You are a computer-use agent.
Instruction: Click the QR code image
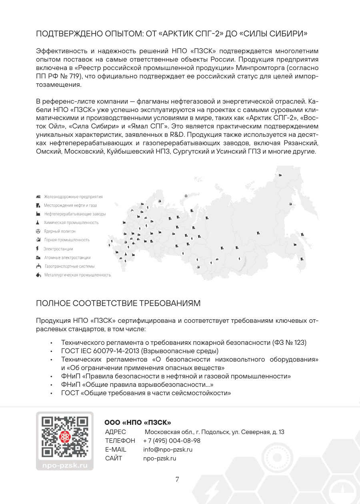coord(64,438)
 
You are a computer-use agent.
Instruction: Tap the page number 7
coord(177,480)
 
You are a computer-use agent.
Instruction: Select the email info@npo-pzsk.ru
coord(168,450)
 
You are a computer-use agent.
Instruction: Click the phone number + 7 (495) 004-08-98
coord(172,441)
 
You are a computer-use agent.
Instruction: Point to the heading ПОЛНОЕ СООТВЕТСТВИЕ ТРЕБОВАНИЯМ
coord(118,303)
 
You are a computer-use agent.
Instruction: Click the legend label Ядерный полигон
coord(60,231)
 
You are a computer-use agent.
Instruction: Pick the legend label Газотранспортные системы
coord(69,266)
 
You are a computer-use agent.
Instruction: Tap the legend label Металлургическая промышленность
coord(78,275)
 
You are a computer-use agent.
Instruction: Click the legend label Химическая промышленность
coord(71,222)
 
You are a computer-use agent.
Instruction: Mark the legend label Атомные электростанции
coord(67,258)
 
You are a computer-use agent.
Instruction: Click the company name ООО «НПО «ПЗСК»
coord(138,422)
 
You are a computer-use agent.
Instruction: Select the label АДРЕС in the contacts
coord(115,432)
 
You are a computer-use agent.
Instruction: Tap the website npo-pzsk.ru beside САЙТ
coord(160,458)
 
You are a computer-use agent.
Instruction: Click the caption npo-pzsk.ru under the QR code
coord(64,466)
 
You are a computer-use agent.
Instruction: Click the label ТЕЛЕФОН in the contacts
coord(120,441)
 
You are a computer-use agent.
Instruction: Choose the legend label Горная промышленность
coord(67,240)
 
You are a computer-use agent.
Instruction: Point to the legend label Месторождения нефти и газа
coord(70,206)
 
